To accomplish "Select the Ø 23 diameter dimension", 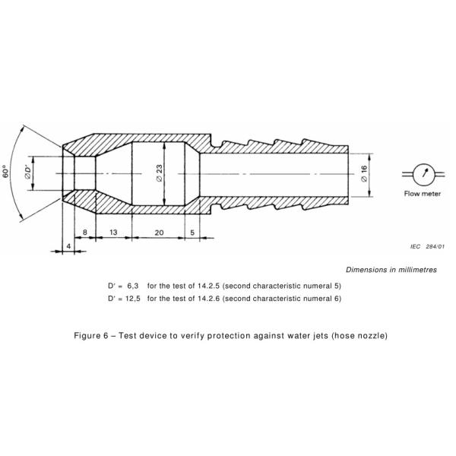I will pyautogui.click(x=160, y=173).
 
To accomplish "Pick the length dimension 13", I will pyautogui.click(x=112, y=230).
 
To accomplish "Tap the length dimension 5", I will pyautogui.click(x=193, y=230).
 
